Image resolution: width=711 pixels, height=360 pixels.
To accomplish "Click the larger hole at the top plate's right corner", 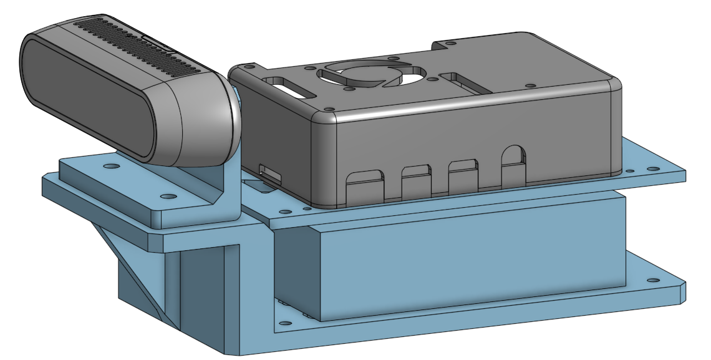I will coord(652,168).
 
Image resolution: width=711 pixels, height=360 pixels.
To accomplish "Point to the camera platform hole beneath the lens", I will coord(111,167).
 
